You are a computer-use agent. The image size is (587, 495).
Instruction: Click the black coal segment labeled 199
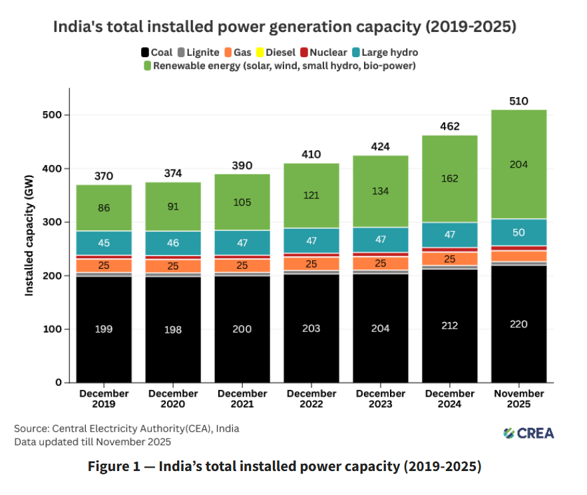point(103,329)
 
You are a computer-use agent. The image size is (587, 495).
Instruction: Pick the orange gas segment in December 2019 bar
point(103,265)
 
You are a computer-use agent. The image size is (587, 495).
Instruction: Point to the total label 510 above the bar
point(518,101)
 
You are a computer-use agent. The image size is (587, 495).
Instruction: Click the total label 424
point(380,146)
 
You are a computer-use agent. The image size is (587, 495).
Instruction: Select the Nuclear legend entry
point(325,52)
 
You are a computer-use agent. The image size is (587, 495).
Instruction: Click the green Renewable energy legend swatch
point(148,66)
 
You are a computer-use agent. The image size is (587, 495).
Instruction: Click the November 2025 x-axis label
point(518,399)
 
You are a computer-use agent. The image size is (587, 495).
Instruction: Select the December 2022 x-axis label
point(311,399)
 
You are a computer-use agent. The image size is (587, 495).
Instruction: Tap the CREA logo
point(528,433)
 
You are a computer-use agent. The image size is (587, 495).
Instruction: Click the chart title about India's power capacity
point(284,27)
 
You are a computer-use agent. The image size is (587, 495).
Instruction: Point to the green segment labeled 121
point(311,196)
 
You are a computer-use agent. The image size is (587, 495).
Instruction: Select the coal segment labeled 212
point(449,326)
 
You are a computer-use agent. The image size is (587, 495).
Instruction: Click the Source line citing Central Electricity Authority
point(126,428)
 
